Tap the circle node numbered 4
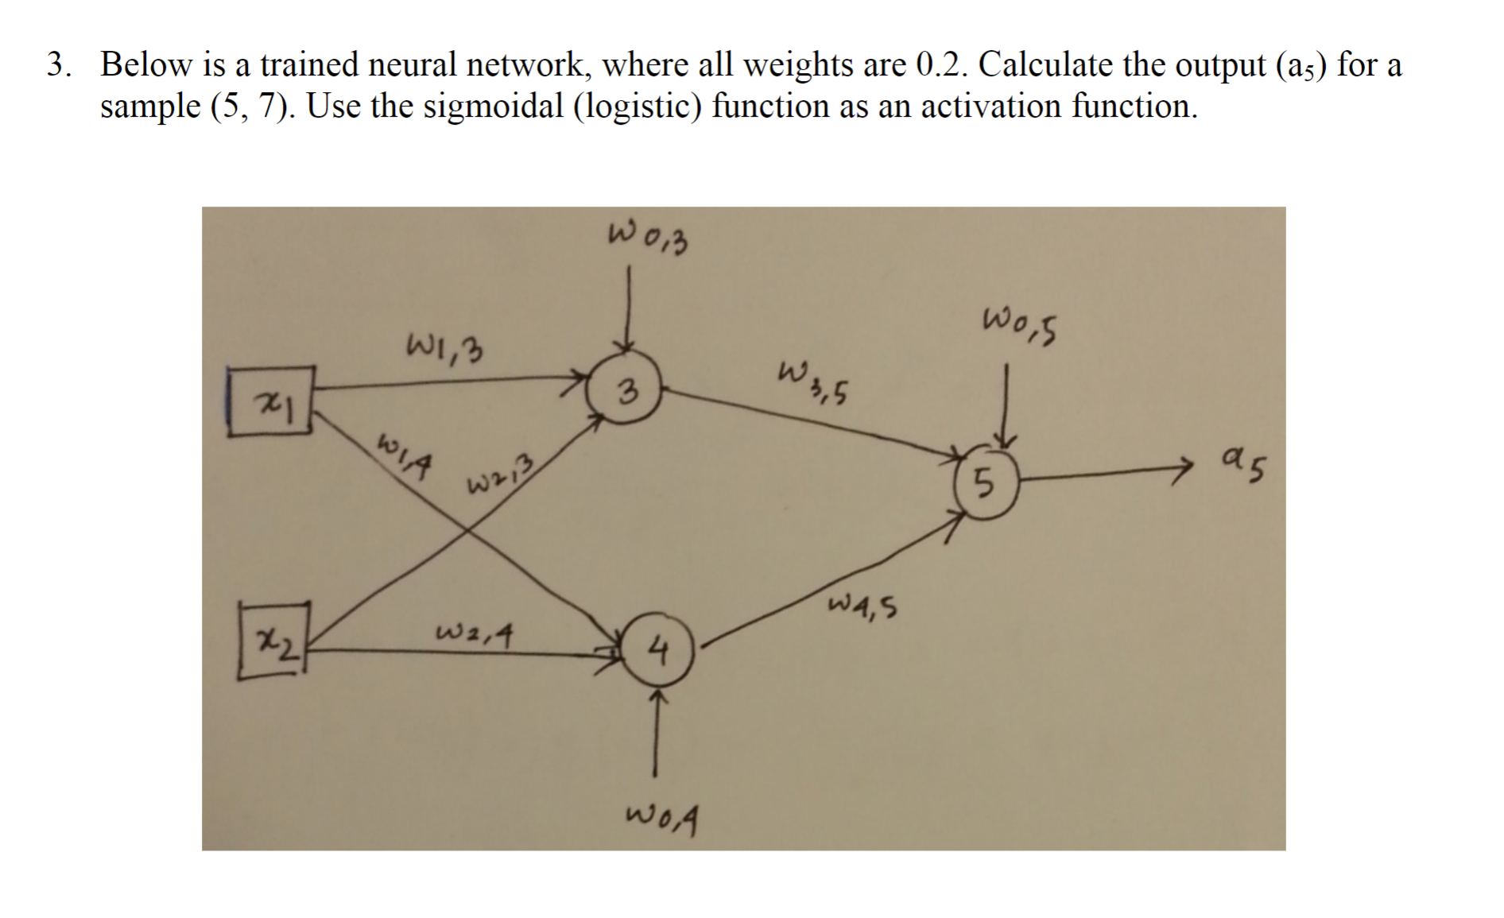pos(657,653)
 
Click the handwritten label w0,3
pos(647,238)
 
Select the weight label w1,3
pos(446,347)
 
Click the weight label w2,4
pos(474,634)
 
